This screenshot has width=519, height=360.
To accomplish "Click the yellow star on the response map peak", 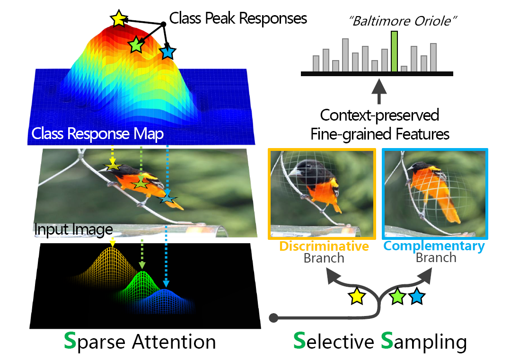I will click(119, 19).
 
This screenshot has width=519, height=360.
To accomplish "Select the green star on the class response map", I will click(136, 44).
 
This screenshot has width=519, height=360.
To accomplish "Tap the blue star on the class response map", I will click(167, 52).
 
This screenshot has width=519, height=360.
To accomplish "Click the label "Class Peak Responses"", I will click(238, 18).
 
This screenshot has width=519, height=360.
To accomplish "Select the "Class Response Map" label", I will click(97, 134).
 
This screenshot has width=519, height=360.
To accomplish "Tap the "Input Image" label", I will click(73, 230).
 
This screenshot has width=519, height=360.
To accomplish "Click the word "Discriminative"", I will click(324, 246).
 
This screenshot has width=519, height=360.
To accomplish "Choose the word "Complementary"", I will click(434, 246).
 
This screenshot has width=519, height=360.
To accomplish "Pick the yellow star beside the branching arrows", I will click(357, 297).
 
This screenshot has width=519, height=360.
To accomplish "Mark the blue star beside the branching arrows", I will click(416, 297).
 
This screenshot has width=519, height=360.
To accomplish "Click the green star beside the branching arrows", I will click(398, 297).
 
